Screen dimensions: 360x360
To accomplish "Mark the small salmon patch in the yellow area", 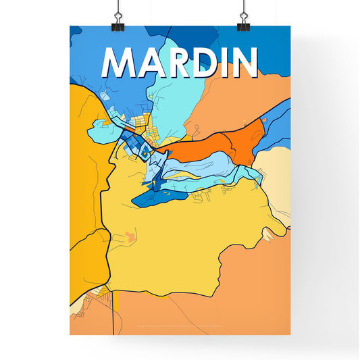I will click(130, 236).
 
